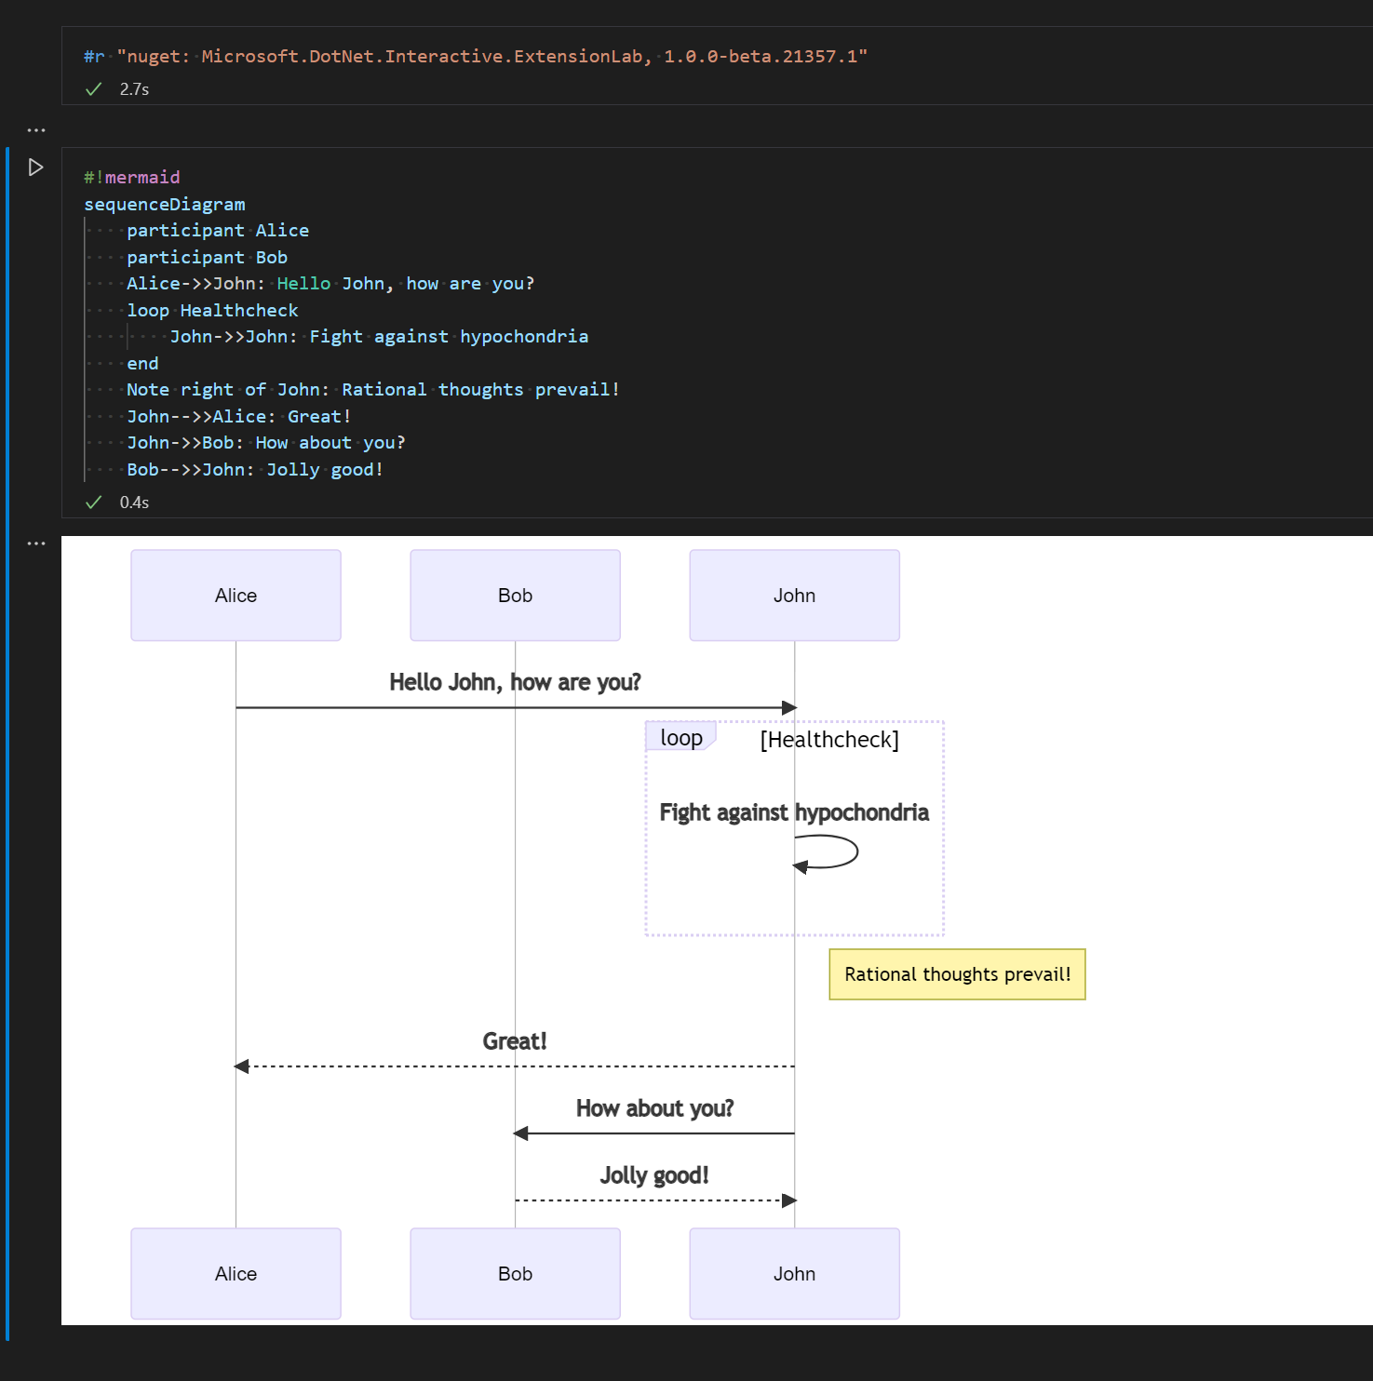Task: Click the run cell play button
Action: (x=35, y=168)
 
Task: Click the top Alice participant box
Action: (x=236, y=596)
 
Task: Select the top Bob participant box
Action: (x=515, y=596)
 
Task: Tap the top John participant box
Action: (x=794, y=596)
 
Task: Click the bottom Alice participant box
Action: (x=236, y=1274)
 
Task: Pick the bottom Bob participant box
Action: (x=515, y=1274)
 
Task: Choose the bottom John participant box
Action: (x=794, y=1274)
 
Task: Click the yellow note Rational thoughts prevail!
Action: (x=957, y=974)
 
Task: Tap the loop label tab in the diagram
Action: (x=680, y=738)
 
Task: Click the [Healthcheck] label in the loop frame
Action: (x=829, y=740)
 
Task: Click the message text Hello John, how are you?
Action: (x=515, y=682)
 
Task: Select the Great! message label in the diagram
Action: (x=515, y=1041)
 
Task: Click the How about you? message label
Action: (x=654, y=1108)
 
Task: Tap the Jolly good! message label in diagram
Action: (x=654, y=1175)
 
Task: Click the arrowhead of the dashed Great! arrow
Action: (x=242, y=1066)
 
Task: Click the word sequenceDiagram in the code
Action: (x=165, y=205)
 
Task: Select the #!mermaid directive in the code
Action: (x=132, y=178)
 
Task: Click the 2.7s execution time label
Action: (x=134, y=89)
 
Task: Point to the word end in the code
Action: (x=142, y=364)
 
